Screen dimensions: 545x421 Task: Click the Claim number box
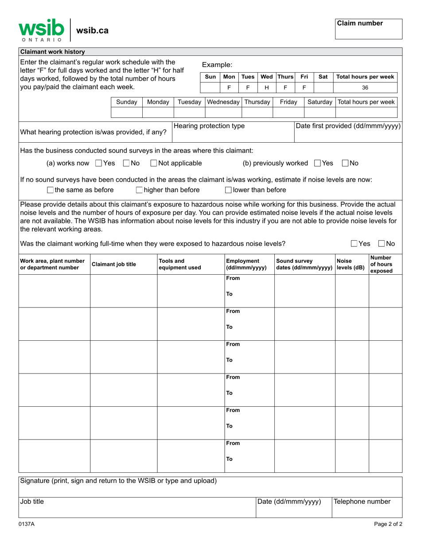pos(368,29)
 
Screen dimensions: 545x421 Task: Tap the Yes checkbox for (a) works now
pos(99,163)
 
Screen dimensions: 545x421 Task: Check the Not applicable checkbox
pos(154,163)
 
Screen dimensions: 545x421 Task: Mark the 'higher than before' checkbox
pos(139,191)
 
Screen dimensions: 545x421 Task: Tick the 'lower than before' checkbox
pos(228,191)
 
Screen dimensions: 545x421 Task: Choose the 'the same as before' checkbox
pos(50,191)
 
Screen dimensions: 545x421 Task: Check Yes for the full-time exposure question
pos(354,244)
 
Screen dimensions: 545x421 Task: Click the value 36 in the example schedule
pos(365,88)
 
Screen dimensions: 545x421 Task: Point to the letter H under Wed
pos(266,88)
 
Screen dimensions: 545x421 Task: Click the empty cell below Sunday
pos(126,113)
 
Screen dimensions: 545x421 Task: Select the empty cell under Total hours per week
pos(366,113)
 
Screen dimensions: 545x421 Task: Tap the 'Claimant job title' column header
pos(114,265)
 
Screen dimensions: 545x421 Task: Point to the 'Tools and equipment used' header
pos(180,264)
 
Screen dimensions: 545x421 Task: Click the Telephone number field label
pos(362,502)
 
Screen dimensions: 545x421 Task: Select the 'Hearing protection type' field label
pos(209,126)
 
